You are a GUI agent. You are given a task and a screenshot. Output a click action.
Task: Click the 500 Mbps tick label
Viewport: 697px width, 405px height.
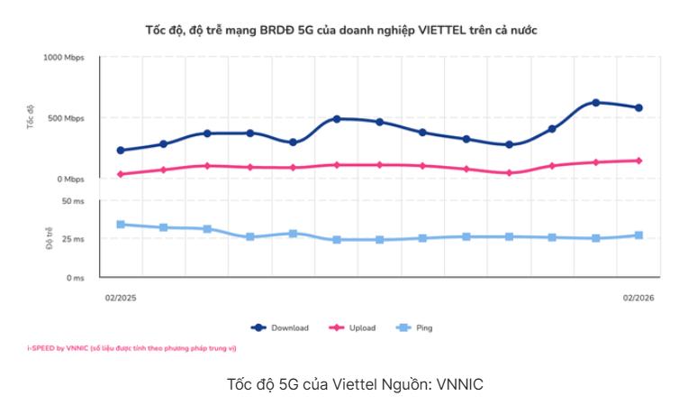click(x=66, y=118)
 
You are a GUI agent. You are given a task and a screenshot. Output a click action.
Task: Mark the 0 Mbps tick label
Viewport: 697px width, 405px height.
click(x=69, y=179)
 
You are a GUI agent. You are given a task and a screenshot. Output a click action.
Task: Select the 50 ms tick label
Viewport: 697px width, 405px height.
click(x=73, y=201)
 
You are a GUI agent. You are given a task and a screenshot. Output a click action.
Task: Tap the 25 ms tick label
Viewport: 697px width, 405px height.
click(x=73, y=239)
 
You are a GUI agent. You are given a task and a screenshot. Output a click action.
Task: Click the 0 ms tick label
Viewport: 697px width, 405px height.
click(x=76, y=278)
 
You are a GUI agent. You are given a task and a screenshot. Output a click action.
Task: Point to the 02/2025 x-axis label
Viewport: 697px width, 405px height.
click(x=120, y=297)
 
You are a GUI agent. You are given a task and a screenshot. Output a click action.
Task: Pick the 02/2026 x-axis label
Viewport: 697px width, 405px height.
click(x=638, y=297)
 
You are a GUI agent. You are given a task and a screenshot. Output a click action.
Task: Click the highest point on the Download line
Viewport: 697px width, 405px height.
click(x=595, y=103)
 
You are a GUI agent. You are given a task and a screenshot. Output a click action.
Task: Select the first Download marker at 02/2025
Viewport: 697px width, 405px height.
click(x=121, y=151)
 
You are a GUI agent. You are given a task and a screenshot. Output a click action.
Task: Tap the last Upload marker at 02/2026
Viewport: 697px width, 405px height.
click(x=638, y=161)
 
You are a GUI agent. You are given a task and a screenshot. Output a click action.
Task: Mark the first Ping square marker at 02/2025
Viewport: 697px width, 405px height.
click(x=121, y=225)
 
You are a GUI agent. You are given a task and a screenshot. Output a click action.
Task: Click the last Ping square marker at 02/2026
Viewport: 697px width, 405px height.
click(x=638, y=235)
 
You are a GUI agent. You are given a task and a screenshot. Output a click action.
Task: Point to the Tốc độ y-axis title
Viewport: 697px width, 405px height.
click(x=30, y=118)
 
